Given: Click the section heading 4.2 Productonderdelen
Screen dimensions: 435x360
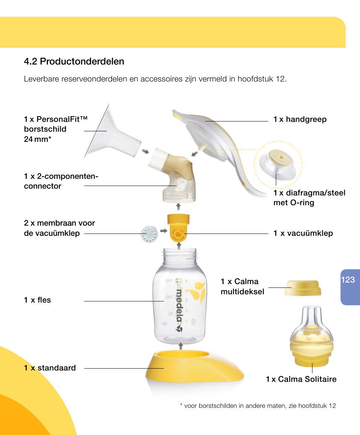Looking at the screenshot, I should pyautogui.click(x=74, y=61).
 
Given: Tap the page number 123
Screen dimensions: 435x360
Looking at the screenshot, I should pyautogui.click(x=348, y=280).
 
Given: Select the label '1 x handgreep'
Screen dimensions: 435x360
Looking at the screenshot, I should pyautogui.click(x=300, y=120).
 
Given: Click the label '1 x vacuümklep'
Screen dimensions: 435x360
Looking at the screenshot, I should pyautogui.click(x=303, y=233).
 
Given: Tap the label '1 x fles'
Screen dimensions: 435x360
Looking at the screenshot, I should pyautogui.click(x=37, y=300).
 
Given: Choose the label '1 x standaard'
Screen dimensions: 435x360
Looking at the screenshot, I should pyautogui.click(x=50, y=368).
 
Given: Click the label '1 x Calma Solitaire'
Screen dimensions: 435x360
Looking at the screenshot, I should pyautogui.click(x=301, y=379).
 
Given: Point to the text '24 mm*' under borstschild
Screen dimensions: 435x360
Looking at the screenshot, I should pyautogui.click(x=37, y=139).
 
